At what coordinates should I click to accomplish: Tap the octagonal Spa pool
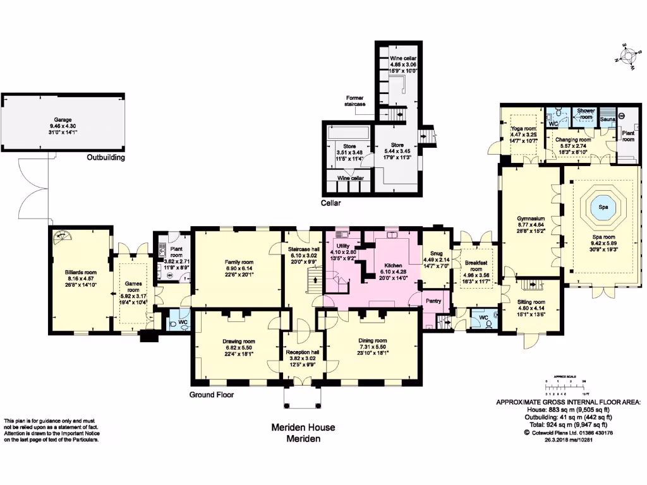point(600,208)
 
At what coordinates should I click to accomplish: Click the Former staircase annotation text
point(358,101)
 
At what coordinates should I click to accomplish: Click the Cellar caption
point(330,203)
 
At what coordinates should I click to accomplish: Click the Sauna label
point(608,119)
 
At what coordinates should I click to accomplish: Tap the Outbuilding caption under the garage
point(106,158)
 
